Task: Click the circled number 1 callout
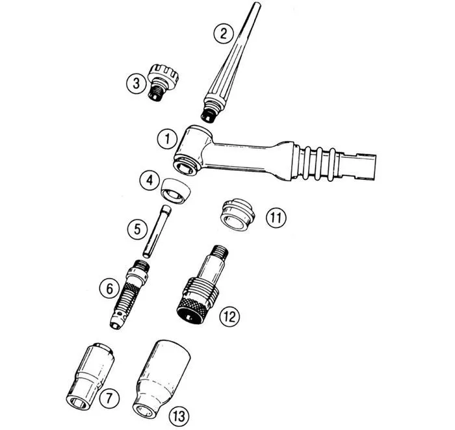[167, 139]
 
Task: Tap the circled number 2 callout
[223, 33]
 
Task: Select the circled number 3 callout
[136, 84]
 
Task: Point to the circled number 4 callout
[149, 181]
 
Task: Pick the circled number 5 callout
[138, 229]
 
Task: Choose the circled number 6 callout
[109, 288]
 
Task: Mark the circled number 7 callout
[109, 398]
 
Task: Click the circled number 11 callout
[276, 218]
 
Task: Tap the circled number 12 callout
[229, 316]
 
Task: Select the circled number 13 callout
[179, 416]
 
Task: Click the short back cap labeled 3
[162, 82]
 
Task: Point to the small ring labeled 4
[175, 192]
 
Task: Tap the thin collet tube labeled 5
[157, 231]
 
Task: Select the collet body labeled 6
[129, 294]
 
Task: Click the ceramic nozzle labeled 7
[90, 377]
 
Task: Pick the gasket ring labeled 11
[237, 214]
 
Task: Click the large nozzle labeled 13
[161, 379]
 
